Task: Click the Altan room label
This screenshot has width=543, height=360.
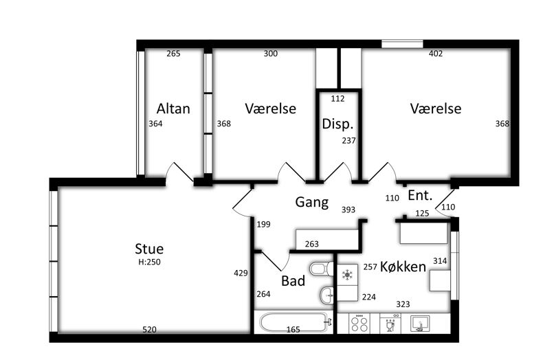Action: (x=173, y=109)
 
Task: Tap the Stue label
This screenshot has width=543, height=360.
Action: (x=149, y=249)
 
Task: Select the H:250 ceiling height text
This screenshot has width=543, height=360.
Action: (x=149, y=262)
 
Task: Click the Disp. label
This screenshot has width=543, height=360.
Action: (x=337, y=124)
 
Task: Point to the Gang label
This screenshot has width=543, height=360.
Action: (x=311, y=203)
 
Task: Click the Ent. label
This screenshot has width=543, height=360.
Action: (x=420, y=196)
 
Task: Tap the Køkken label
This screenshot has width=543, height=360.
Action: (x=403, y=267)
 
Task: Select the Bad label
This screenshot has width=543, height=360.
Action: (x=293, y=281)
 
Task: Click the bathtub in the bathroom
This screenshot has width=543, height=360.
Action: (x=294, y=323)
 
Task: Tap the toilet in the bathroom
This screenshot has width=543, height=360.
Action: (x=322, y=269)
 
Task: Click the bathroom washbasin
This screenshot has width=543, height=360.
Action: (x=326, y=295)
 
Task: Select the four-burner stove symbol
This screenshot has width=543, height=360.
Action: (x=359, y=324)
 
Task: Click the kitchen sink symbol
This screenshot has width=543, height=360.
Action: (x=420, y=324)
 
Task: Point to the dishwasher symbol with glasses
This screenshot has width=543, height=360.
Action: (x=390, y=324)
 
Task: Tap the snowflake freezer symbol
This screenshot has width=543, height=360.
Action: (x=347, y=275)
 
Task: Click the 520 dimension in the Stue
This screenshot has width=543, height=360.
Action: (x=150, y=330)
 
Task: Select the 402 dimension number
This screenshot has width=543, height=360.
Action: (x=436, y=54)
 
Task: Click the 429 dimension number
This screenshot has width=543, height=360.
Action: (x=241, y=273)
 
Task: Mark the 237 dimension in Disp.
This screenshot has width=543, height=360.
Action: (x=348, y=141)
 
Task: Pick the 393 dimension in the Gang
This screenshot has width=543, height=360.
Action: (x=348, y=210)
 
